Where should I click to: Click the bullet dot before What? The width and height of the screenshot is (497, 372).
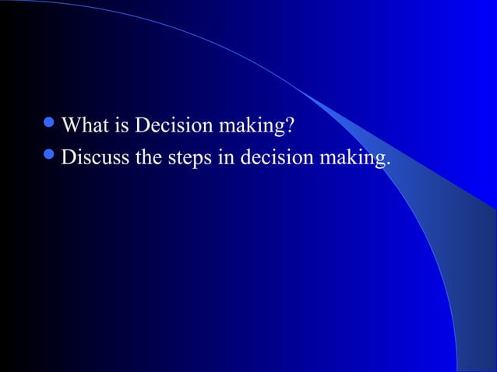tap(51, 125)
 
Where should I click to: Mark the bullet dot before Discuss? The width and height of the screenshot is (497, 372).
tap(51, 157)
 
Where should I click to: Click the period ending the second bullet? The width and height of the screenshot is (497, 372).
tap(388, 164)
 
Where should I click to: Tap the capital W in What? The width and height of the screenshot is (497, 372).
tap(71, 125)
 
